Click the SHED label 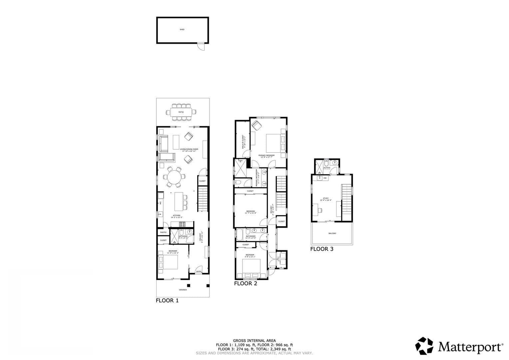click(182, 30)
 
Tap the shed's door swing click(201, 47)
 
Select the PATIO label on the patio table click(181, 112)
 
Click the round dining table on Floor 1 click(174, 177)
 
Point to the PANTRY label click(163, 232)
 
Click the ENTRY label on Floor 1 click(199, 272)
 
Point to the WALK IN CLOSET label click(244, 142)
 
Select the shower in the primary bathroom click(240, 168)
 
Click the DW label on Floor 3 click(325, 178)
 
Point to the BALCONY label click(332, 233)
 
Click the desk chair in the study click(320, 210)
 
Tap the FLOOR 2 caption click(246, 284)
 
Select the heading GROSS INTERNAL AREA click(254, 340)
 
